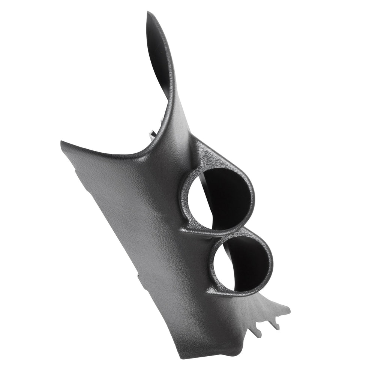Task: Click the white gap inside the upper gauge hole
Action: [x=207, y=202]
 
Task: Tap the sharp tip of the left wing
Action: [x=62, y=142]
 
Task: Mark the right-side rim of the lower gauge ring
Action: [x=271, y=262]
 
